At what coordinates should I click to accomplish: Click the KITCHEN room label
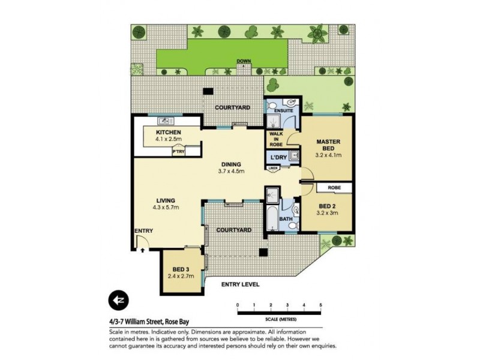(169, 132)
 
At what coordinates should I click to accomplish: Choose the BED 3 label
(181, 268)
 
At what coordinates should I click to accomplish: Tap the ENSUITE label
(283, 111)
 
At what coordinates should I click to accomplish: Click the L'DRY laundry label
(277, 157)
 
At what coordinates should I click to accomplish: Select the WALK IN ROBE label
(275, 139)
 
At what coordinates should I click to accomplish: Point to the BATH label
(286, 219)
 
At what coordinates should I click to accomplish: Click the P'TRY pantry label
(178, 152)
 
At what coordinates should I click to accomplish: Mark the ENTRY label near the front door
(143, 231)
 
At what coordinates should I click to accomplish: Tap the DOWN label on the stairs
(244, 61)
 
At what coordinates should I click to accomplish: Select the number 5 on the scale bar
(321, 305)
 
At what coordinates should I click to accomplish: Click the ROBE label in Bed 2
(335, 188)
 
